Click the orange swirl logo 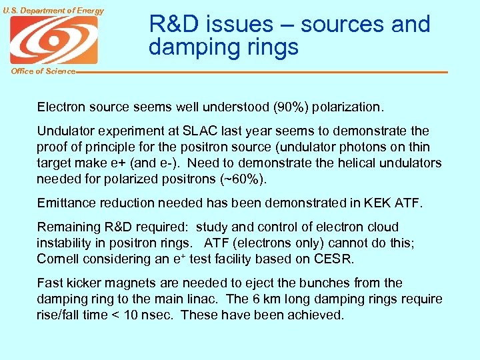click(x=53, y=39)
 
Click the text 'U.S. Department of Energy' click(x=53, y=10)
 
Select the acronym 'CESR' click(x=337, y=259)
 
